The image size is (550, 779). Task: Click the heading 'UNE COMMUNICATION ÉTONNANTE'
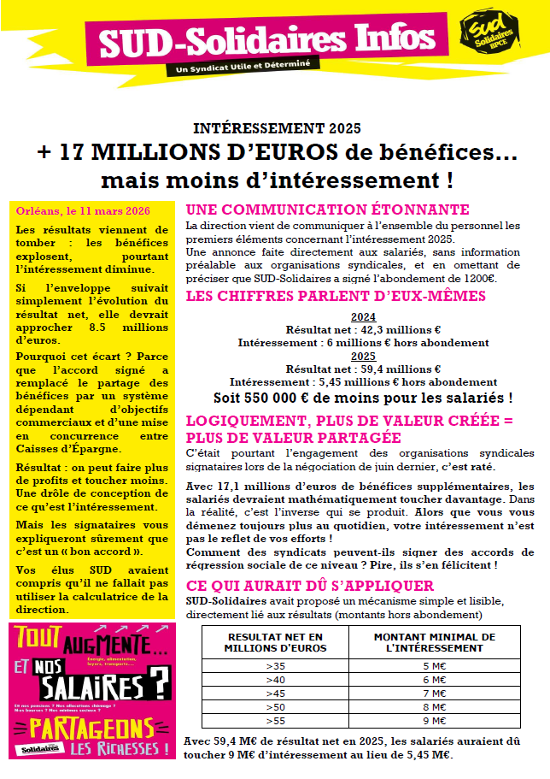click(x=327, y=210)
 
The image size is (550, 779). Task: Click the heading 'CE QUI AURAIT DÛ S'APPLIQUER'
click(x=310, y=586)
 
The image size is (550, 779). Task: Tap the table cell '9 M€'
click(x=435, y=721)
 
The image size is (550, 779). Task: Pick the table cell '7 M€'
click(x=435, y=693)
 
